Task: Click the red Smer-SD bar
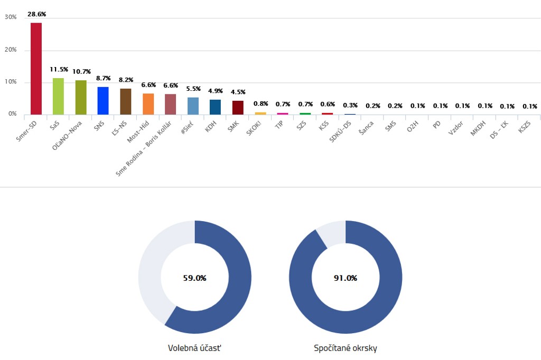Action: (36, 69)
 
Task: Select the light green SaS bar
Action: (58, 96)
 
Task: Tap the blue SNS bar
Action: (103, 100)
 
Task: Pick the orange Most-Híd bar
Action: (148, 104)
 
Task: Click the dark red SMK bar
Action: (238, 107)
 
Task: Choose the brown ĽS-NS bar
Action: (126, 101)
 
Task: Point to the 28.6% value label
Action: (36, 14)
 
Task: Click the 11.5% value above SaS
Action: (59, 69)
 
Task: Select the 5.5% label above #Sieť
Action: (193, 89)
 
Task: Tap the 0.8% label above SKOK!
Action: (260, 103)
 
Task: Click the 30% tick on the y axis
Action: (11, 17)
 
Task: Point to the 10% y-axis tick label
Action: (11, 82)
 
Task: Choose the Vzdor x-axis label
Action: (456, 128)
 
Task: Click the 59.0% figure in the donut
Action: (194, 278)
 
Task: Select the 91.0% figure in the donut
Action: (346, 278)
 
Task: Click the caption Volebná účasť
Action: (194, 348)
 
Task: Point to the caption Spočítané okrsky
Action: (346, 348)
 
